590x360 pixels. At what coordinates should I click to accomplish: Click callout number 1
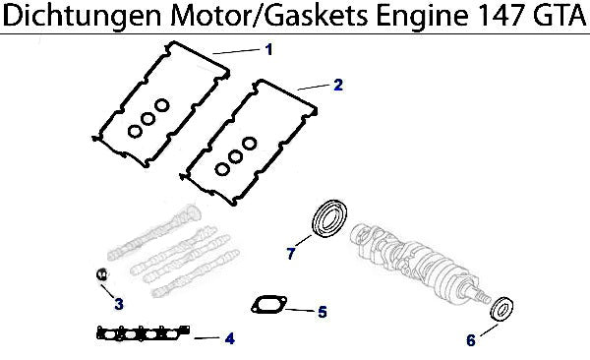tap(268, 49)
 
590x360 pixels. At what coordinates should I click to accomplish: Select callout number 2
tap(338, 85)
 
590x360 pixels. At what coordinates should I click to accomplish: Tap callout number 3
tap(119, 304)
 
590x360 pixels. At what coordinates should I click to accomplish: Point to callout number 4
tap(229, 338)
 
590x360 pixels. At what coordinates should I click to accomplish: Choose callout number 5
tap(323, 312)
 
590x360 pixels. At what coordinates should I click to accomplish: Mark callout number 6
tap(471, 340)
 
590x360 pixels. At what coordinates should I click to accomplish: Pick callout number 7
tap(290, 254)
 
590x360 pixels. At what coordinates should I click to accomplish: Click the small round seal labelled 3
tap(101, 273)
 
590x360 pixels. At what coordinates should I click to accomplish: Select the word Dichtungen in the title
tap(84, 17)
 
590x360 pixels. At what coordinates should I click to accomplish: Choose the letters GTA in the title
tap(559, 16)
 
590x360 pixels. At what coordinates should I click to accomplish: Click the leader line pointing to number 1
tap(236, 51)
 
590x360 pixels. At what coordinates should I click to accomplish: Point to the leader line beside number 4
tap(206, 338)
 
